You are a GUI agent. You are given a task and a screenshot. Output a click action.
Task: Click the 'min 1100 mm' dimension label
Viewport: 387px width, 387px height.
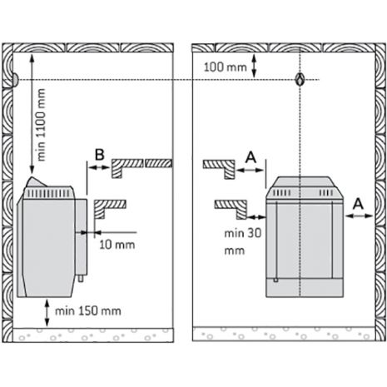coord(41,125)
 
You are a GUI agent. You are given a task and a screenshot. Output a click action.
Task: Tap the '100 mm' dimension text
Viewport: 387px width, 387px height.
coord(225,67)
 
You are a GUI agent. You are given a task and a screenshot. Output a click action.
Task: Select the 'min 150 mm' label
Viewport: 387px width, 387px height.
coord(88,311)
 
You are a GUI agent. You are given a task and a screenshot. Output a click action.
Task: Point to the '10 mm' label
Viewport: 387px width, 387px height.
coord(117,245)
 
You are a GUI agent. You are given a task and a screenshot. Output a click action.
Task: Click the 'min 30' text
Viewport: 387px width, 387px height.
coord(243,233)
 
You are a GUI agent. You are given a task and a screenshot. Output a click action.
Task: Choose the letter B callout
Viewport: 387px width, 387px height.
coord(99,155)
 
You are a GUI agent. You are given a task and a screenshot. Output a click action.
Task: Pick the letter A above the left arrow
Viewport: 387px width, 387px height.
coord(251,157)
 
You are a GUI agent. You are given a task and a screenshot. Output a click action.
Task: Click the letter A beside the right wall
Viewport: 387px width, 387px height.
coord(358,204)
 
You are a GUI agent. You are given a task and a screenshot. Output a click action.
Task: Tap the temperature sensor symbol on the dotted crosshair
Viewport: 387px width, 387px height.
coord(300,80)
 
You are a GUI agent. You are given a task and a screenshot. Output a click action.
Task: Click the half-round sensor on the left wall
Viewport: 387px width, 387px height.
coord(15,80)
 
